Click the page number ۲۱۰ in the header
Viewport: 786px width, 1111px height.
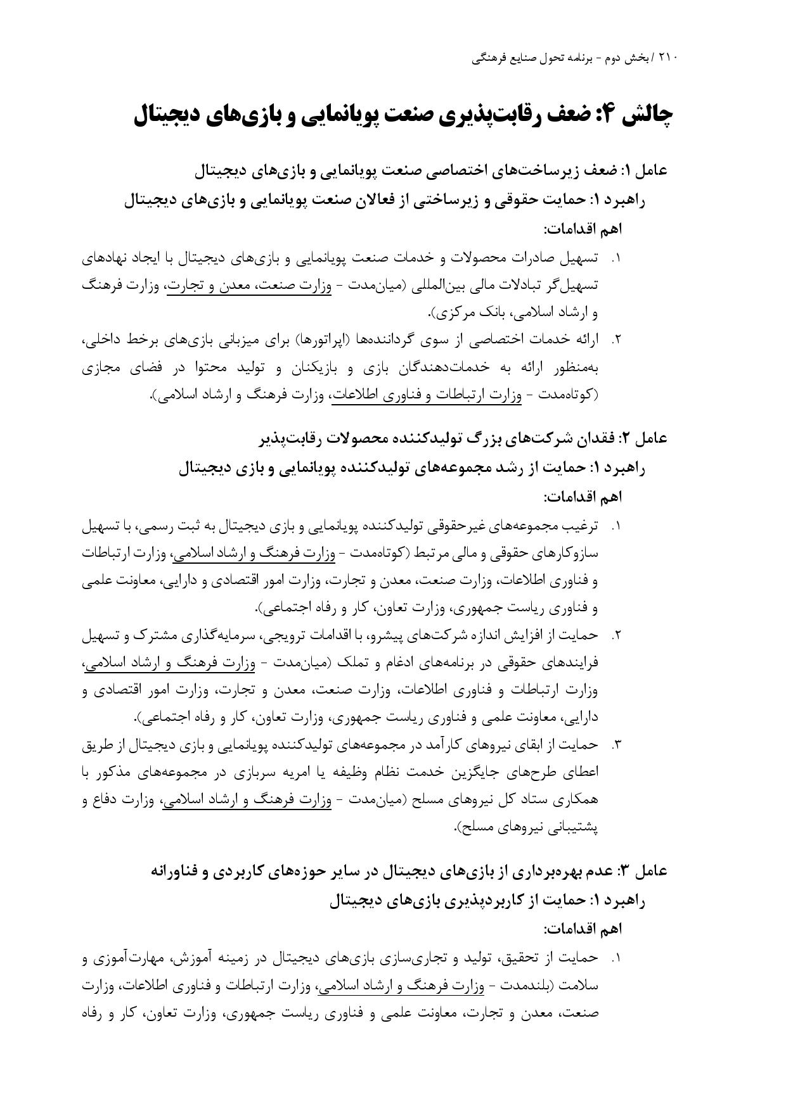pyautogui.click(x=667, y=58)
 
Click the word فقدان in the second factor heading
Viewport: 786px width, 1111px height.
pyautogui.click(x=598, y=438)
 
